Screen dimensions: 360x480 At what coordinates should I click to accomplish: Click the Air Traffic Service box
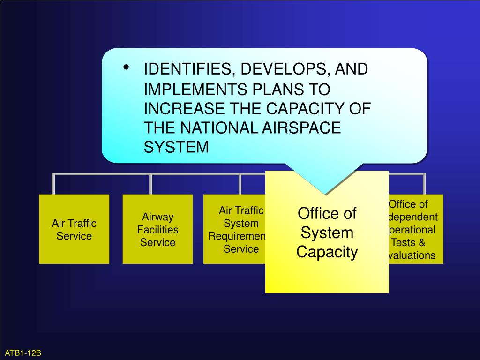click(x=74, y=229)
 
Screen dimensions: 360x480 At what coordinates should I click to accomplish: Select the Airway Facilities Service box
click(x=157, y=229)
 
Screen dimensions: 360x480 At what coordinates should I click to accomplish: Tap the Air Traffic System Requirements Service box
click(x=234, y=229)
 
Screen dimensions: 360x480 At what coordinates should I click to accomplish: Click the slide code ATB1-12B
click(x=23, y=352)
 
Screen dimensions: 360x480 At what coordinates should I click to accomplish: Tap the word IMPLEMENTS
click(x=196, y=89)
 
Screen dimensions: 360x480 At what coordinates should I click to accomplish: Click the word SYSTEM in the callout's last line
click(x=176, y=147)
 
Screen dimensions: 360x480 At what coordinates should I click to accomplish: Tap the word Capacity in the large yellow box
click(x=327, y=252)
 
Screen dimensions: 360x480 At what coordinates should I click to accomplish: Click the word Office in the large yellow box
click(x=317, y=214)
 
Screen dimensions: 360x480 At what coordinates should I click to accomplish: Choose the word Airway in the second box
click(x=158, y=217)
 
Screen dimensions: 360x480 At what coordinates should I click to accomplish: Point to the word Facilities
click(x=157, y=230)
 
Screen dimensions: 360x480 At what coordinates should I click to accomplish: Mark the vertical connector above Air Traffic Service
click(x=53, y=184)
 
